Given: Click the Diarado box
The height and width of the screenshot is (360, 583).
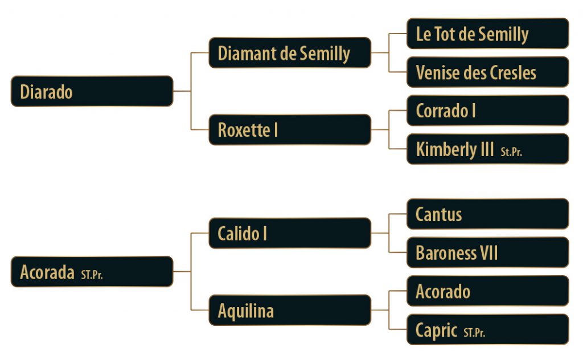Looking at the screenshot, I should [92, 91].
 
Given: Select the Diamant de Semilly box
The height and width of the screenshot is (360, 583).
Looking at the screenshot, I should [290, 53].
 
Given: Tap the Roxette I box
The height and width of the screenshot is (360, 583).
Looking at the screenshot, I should [290, 130].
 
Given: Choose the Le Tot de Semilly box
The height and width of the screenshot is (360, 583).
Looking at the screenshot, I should [487, 34].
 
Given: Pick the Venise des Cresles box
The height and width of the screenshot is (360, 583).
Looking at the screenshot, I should [487, 72].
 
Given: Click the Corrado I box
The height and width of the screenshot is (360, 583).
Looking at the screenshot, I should [487, 111].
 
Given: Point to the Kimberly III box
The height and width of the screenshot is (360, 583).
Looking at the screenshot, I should [487, 149].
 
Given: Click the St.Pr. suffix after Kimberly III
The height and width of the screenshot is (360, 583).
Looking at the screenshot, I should [511, 152].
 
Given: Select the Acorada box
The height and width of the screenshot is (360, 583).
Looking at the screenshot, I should [92, 272].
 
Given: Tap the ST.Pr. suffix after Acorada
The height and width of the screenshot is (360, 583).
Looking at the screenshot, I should [92, 275].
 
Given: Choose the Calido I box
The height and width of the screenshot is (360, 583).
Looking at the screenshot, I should [290, 233].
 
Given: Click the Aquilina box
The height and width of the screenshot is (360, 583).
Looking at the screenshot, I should [290, 310].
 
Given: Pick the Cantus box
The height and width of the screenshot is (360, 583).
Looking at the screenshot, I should [487, 214].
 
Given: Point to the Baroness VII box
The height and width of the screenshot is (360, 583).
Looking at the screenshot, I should [487, 252].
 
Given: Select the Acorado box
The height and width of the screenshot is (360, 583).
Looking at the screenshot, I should [487, 291].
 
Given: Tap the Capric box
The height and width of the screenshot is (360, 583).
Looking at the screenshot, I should [487, 330].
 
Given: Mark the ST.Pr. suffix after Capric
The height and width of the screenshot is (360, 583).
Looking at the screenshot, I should [474, 333].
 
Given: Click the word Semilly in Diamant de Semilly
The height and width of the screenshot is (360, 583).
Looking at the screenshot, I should [323, 53].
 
